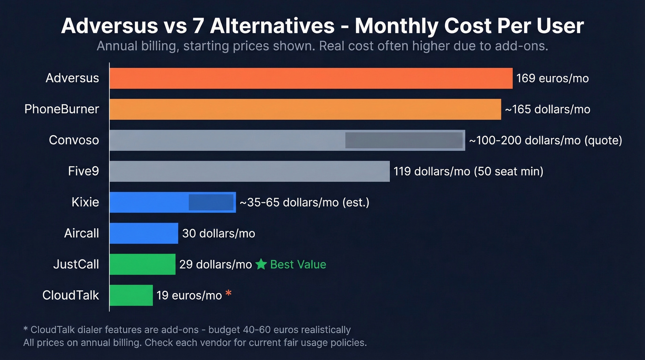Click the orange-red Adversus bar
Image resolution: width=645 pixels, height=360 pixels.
tap(311, 78)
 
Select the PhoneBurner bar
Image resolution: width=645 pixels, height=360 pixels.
tap(305, 109)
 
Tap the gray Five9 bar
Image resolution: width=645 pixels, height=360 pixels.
tap(249, 171)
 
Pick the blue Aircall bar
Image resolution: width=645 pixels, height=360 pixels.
tap(144, 233)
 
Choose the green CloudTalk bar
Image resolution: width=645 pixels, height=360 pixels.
tap(131, 295)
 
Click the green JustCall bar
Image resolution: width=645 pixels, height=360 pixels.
tap(142, 264)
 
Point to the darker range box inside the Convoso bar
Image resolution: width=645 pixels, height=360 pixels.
tap(404, 141)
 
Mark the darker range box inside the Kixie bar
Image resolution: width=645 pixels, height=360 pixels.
tap(211, 202)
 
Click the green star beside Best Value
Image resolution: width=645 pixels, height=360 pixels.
tap(261, 264)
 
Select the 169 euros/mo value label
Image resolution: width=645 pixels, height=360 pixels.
tap(552, 78)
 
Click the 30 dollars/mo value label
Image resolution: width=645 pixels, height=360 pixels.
tap(218, 233)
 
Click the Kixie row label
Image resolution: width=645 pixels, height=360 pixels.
tap(85, 202)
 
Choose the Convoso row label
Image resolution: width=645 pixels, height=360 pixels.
tap(74, 141)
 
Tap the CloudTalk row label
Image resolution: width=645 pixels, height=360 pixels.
tap(70, 295)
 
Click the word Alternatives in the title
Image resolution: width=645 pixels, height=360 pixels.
tap(272, 26)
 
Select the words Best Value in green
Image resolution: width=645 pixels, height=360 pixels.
tap(298, 264)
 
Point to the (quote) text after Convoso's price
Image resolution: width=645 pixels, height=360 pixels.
tap(603, 141)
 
